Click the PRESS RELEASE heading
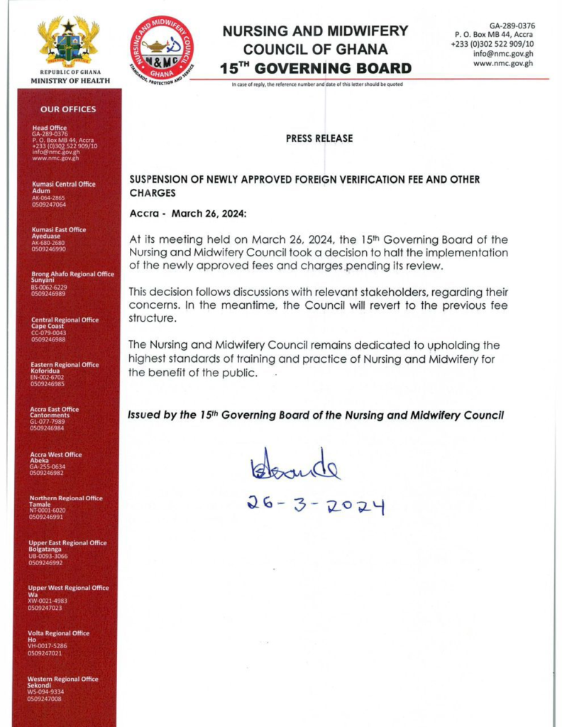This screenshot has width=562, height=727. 319,138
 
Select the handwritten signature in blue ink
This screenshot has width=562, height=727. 295,465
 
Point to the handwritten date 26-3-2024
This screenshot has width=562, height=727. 316,505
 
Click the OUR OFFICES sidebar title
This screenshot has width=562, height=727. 68,109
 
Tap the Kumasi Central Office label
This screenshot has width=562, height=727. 64,185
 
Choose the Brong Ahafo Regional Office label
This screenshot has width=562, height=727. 72,274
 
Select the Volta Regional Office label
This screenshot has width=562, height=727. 59,633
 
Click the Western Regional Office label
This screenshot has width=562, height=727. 63,679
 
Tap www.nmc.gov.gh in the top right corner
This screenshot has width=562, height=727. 503,63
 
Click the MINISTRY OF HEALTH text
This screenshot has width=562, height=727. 70,81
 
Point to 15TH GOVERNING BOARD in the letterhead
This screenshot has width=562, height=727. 316,68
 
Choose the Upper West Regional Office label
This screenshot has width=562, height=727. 68,588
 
